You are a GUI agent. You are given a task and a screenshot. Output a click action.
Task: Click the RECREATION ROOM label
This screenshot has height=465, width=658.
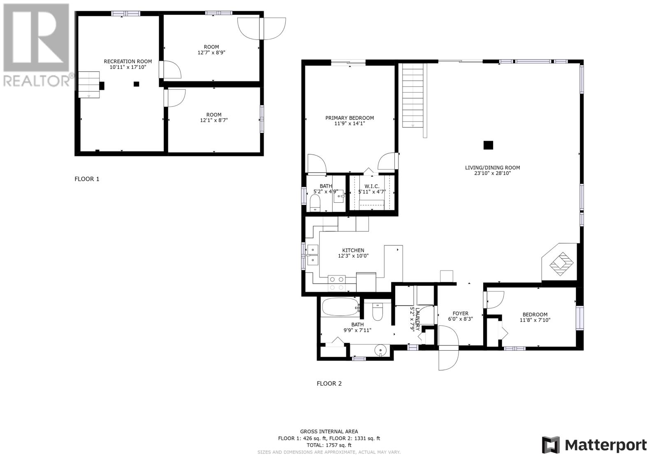pyautogui.click(x=128, y=61)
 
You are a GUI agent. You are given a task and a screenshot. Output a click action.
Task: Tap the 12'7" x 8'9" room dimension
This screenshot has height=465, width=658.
pyautogui.click(x=211, y=53)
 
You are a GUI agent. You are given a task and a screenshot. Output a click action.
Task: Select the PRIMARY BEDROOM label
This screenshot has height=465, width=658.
pyautogui.click(x=350, y=118)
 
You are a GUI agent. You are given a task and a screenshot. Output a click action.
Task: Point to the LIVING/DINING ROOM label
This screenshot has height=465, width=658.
pyautogui.click(x=492, y=167)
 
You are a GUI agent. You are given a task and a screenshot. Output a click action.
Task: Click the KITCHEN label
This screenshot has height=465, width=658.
pyautogui.click(x=353, y=250)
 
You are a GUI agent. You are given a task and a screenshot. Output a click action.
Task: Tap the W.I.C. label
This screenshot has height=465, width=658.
pyautogui.click(x=372, y=186)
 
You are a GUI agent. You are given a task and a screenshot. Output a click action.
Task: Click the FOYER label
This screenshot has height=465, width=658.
pyautogui.click(x=460, y=313)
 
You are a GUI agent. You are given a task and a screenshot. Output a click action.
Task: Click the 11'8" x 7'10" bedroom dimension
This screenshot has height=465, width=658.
pyautogui.click(x=535, y=320)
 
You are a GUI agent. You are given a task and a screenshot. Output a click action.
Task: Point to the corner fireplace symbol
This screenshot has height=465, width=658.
pyautogui.click(x=561, y=264)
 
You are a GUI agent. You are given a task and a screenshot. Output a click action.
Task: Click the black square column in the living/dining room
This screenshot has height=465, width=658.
pyautogui.click(x=488, y=145)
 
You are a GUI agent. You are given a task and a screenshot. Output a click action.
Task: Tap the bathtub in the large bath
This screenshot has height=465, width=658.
pyautogui.click(x=341, y=307)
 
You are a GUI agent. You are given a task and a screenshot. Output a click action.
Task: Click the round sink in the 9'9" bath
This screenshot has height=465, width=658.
pyautogui.click(x=380, y=350)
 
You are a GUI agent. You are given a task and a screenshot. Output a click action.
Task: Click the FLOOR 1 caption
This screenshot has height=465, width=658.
pyautogui.click(x=87, y=179)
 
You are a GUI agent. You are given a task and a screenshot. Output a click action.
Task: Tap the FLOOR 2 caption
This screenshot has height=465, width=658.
pyautogui.click(x=329, y=383)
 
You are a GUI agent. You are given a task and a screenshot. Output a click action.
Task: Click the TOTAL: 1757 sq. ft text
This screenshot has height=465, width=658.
pyautogui.click(x=329, y=445)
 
